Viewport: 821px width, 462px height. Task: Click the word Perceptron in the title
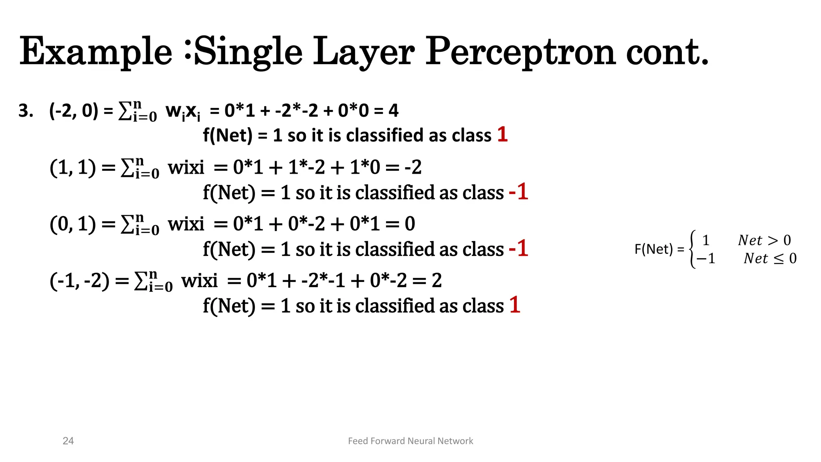520,52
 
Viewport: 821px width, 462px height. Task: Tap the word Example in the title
96,52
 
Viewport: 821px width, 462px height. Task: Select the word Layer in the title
364,52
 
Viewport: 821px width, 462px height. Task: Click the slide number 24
68,441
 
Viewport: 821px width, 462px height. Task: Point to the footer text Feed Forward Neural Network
410,441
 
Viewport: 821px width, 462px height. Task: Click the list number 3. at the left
26,111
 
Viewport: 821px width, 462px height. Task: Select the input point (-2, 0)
73,111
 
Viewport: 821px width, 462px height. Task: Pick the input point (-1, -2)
79,280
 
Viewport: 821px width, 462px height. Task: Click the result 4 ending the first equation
393,111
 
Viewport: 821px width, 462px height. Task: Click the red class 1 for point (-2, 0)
502,134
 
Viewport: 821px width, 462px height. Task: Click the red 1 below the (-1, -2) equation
515,305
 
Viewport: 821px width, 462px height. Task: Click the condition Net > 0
764,240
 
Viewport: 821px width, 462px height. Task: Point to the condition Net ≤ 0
770,259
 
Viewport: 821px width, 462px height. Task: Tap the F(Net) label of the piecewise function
653,249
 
